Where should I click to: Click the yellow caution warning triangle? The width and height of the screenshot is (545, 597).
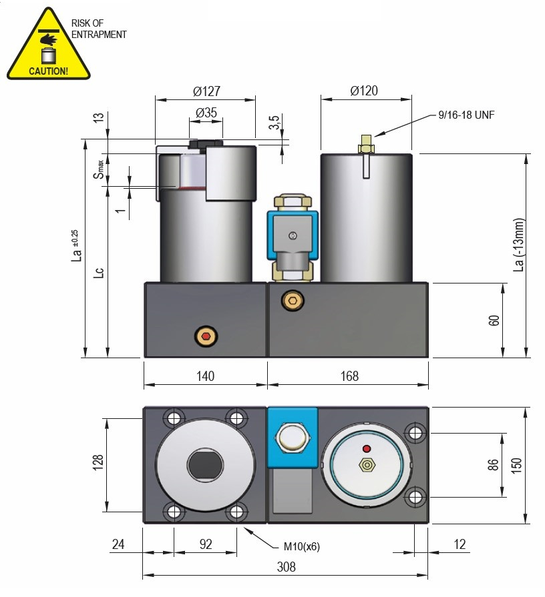(x=48, y=47)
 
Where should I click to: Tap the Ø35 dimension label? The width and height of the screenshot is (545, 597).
(x=206, y=113)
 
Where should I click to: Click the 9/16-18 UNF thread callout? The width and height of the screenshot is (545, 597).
(x=466, y=115)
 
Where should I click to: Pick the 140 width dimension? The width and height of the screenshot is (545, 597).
(x=205, y=376)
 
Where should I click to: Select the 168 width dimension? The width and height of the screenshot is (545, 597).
(x=349, y=376)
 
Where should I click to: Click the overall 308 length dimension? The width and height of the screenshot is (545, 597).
(x=286, y=567)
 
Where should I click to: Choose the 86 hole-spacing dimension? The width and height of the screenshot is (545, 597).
(x=494, y=464)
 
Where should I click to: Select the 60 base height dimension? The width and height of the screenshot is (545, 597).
(x=494, y=320)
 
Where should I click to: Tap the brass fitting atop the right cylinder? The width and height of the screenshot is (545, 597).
(x=366, y=145)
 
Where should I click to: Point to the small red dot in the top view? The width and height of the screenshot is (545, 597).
(x=365, y=448)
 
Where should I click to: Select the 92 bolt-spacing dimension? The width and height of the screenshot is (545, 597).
(x=205, y=544)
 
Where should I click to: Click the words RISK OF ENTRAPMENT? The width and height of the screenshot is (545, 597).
(x=99, y=29)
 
